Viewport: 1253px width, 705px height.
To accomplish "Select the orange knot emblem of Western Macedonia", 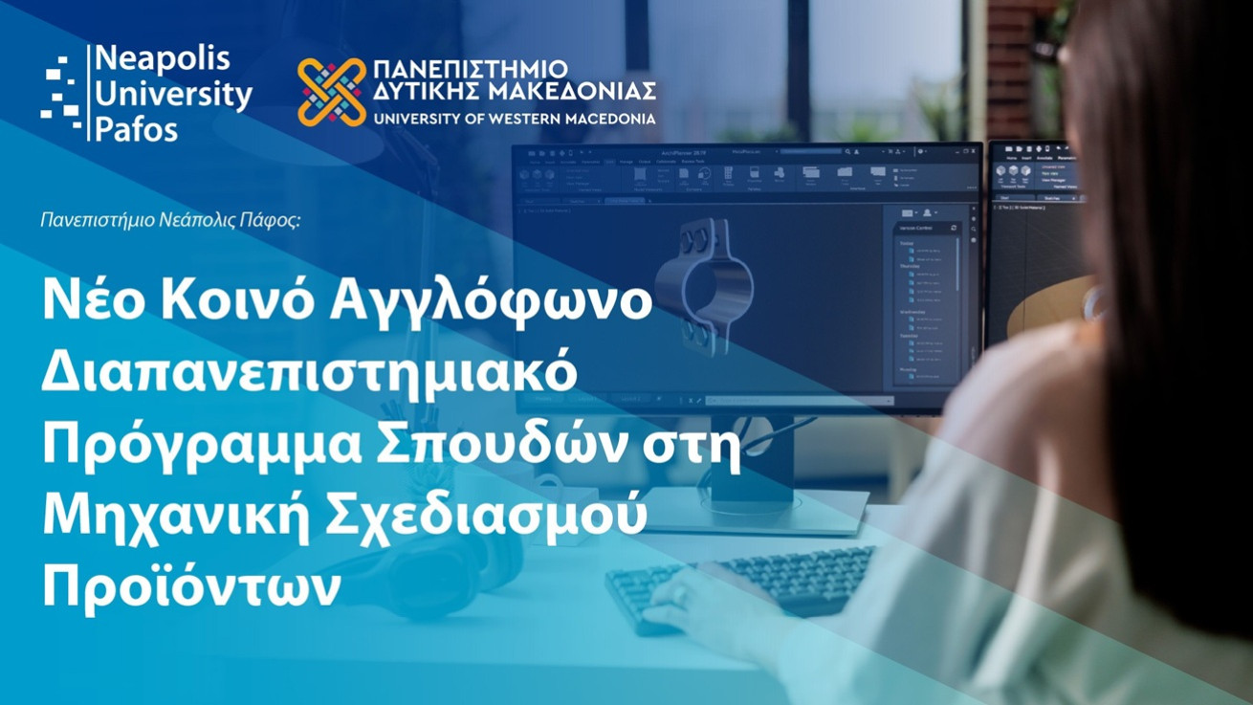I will pos(331,93).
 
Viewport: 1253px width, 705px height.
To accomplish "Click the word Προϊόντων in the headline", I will pos(190,587).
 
